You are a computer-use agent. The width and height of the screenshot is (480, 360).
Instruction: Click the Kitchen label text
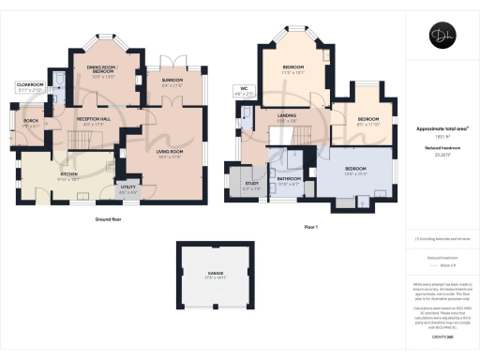[x=68, y=175]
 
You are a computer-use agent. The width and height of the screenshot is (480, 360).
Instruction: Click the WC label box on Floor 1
[x=245, y=92]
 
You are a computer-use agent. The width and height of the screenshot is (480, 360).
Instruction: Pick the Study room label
[x=251, y=185]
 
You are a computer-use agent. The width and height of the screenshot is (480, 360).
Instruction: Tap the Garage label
[x=217, y=276]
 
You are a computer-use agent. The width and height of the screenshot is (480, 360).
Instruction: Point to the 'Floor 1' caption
[x=310, y=228]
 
